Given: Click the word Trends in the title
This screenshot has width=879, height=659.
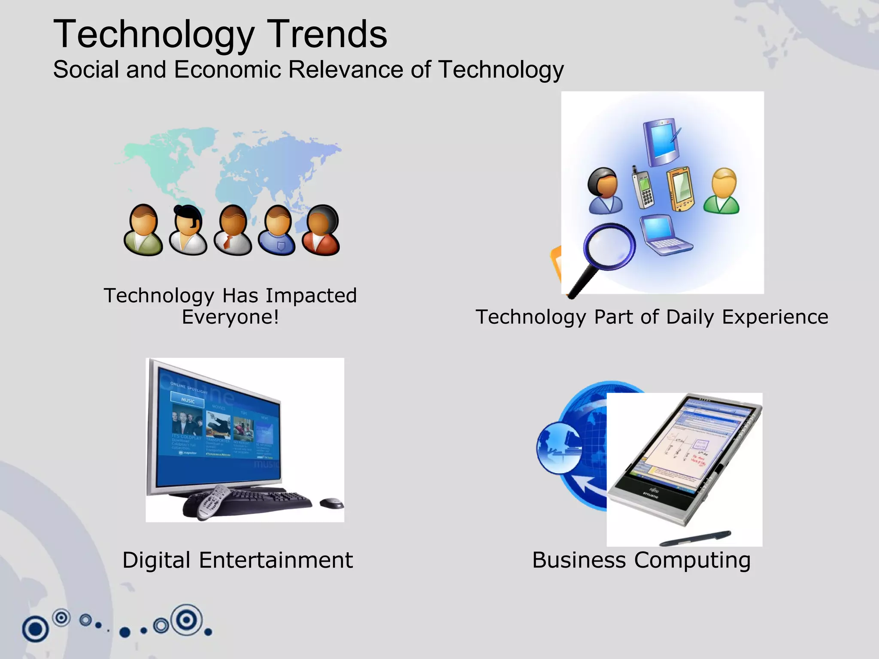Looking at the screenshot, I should point(327,34).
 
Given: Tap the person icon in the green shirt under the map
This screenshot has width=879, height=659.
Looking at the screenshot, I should point(143,230).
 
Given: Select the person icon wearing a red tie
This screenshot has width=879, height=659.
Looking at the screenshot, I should point(232,230).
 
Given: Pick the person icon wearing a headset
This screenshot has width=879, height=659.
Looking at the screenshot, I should point(188,230).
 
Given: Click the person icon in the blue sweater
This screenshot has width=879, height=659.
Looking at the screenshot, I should point(277,230).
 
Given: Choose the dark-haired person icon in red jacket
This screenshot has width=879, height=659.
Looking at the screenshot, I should point(321,230).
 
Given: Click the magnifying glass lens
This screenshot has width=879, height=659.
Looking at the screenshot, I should point(609,246).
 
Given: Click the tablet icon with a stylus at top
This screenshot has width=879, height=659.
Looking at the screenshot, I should point(662,142).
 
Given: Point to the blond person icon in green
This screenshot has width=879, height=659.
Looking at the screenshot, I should point(722,191).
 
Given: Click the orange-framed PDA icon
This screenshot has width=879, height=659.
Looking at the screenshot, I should point(680,189).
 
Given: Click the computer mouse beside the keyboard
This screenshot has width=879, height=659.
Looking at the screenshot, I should point(331,502).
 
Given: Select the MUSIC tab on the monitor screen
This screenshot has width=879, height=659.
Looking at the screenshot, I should point(188,400).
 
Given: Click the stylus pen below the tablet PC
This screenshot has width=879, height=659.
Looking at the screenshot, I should point(695,538).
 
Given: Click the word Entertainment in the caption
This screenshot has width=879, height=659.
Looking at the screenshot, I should point(276,560).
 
